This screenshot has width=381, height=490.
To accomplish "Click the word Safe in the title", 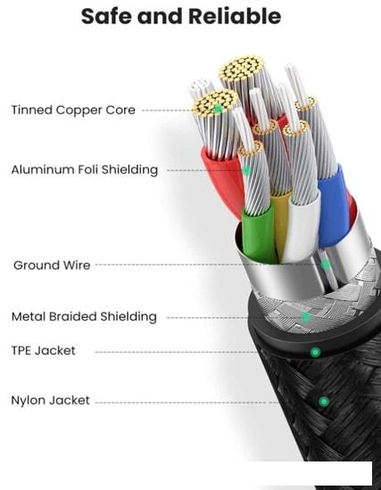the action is pyautogui.click(x=106, y=16).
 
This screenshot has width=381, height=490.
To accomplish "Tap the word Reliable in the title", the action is pyautogui.click(x=235, y=16).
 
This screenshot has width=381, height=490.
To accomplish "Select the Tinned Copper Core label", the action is pyautogui.click(x=73, y=110).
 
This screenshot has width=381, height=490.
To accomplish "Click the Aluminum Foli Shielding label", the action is pyautogui.click(x=85, y=169).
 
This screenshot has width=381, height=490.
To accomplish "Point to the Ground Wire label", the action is pyautogui.click(x=52, y=265).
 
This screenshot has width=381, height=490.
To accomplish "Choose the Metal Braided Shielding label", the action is pyautogui.click(x=84, y=316).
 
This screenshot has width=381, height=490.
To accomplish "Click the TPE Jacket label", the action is pyautogui.click(x=44, y=351).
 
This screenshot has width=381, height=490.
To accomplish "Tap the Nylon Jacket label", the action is pyautogui.click(x=50, y=400).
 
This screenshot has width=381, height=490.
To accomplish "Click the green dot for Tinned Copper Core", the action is pyautogui.click(x=219, y=109).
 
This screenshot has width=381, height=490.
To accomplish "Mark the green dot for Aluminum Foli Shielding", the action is pyautogui.click(x=246, y=171).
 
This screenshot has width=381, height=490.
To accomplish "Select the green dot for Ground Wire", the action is pyautogui.click(x=326, y=265).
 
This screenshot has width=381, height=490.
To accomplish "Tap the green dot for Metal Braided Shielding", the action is pyautogui.click(x=306, y=317).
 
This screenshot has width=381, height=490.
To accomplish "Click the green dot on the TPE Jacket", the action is pyautogui.click(x=315, y=352).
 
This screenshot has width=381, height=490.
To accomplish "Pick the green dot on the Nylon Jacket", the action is pyautogui.click(x=324, y=401).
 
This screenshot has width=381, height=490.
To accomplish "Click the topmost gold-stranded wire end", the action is pyautogui.click(x=241, y=69).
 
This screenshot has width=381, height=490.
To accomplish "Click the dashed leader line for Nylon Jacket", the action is pyautogui.click(x=186, y=403).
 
